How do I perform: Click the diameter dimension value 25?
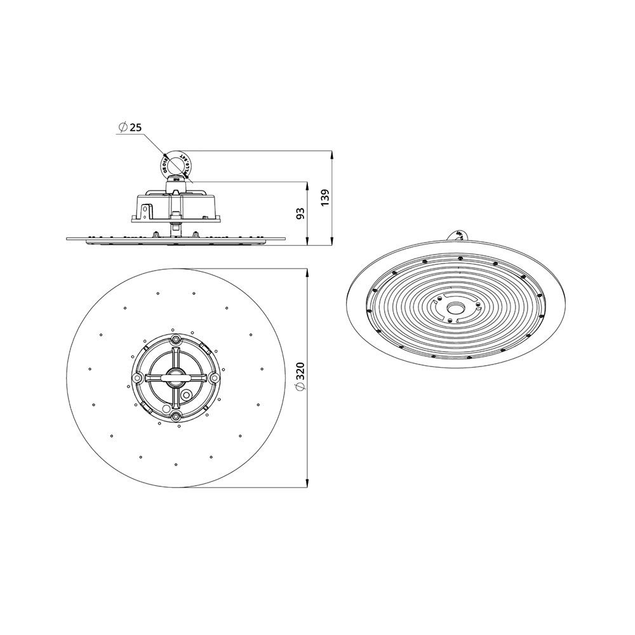pyautogui.click(x=135, y=128)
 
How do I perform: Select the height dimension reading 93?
pyautogui.click(x=301, y=213)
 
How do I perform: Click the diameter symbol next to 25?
pyautogui.click(x=123, y=128)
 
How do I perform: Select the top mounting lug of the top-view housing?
pyautogui.click(x=175, y=340)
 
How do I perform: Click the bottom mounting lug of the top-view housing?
pyautogui.click(x=175, y=417)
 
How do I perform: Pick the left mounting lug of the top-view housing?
pyautogui.click(x=136, y=378)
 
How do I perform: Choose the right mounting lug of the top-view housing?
pyautogui.click(x=214, y=378)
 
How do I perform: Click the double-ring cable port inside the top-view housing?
pyautogui.click(x=186, y=394)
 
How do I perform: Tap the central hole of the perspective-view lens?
pyautogui.click(x=455, y=308)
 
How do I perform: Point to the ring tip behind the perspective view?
pyautogui.click(x=458, y=234)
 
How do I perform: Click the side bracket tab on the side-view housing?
pyautogui.click(x=146, y=210)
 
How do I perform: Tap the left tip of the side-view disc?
pyautogui.click(x=67, y=239)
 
